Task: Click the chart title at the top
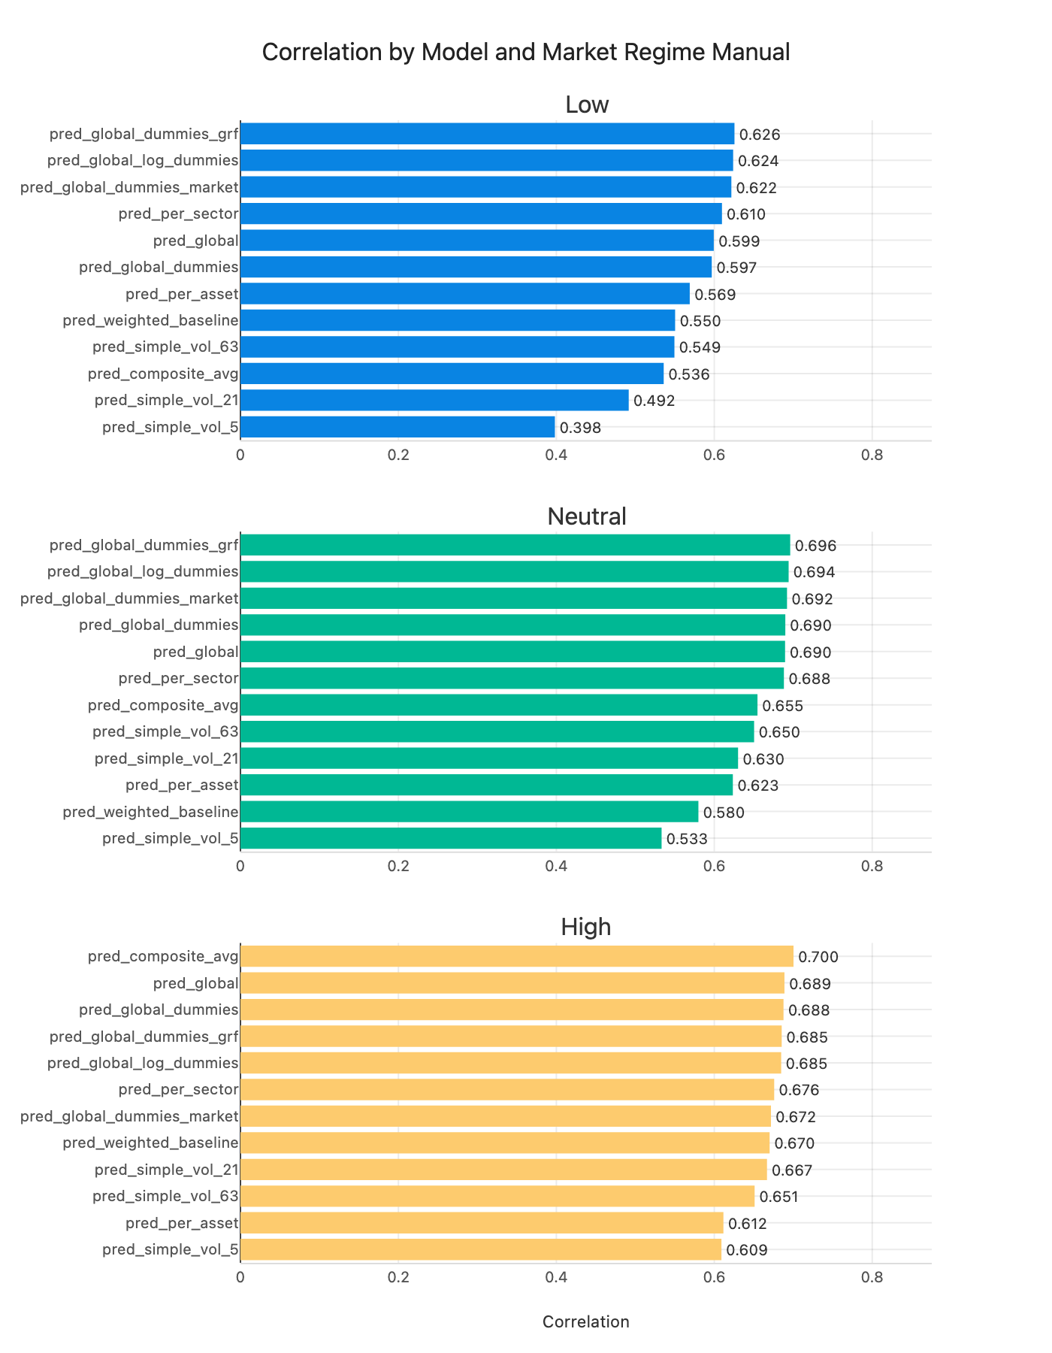click(x=526, y=53)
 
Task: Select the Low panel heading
click(x=586, y=104)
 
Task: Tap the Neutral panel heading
click(x=586, y=516)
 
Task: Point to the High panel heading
click(x=586, y=928)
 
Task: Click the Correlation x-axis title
click(x=585, y=1321)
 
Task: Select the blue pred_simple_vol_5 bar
click(x=397, y=427)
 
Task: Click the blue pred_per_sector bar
click(x=481, y=213)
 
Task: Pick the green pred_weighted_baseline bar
click(x=469, y=812)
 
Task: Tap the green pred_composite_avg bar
click(x=498, y=705)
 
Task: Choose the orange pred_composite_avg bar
click(x=516, y=956)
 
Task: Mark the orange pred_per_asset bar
click(x=481, y=1223)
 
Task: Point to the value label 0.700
click(x=818, y=957)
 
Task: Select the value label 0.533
click(x=687, y=839)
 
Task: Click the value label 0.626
click(x=760, y=135)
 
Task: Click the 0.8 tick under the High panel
click(x=872, y=1277)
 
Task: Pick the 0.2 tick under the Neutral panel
click(x=398, y=866)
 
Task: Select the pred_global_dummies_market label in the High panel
click(x=129, y=1116)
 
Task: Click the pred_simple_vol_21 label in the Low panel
click(x=167, y=401)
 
